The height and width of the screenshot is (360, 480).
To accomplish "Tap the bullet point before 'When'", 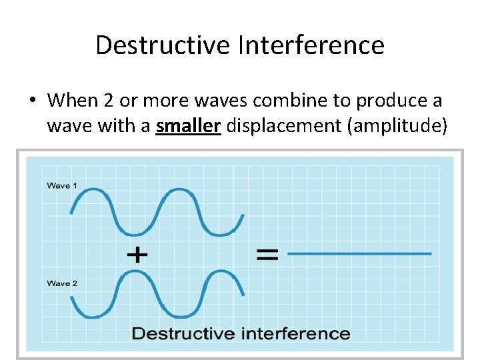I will (x=33, y=101).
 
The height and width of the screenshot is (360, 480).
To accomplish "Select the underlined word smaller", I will (x=188, y=125).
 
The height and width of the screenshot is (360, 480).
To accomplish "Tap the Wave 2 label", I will (x=62, y=283).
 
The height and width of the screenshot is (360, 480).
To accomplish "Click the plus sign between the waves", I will (x=137, y=254).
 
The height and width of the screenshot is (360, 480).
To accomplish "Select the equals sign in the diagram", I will (x=267, y=254).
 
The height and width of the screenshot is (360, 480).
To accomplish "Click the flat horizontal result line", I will (x=359, y=253).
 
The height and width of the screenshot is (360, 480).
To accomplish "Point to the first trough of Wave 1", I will (x=135, y=233).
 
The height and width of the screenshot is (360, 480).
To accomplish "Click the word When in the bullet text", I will (x=72, y=101).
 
